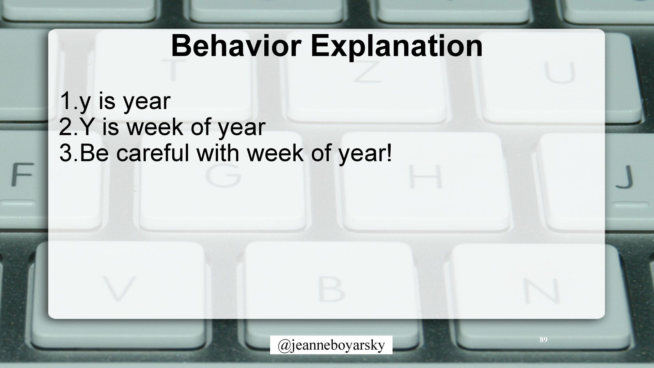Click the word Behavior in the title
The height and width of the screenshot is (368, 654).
coord(236,46)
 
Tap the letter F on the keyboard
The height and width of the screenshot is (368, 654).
coord(22,175)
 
